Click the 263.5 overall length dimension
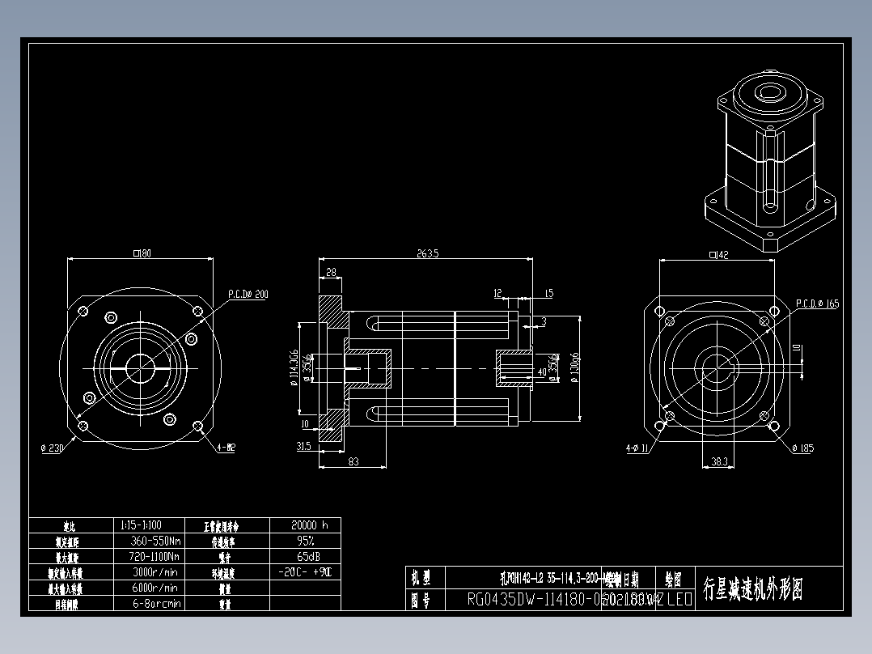point(427,253)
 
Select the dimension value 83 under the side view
point(353,461)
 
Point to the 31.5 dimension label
point(305,446)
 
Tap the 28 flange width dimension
point(331,273)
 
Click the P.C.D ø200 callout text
point(248,295)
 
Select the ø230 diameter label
point(53,448)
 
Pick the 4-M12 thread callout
point(226,448)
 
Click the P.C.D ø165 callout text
point(818,304)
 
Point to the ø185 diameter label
point(802,448)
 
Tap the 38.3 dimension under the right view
point(718,461)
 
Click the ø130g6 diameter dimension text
point(574,368)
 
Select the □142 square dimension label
point(718,255)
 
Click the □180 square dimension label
point(142,253)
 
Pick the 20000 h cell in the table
point(305,524)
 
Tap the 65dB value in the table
point(305,557)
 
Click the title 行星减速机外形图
point(752,588)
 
